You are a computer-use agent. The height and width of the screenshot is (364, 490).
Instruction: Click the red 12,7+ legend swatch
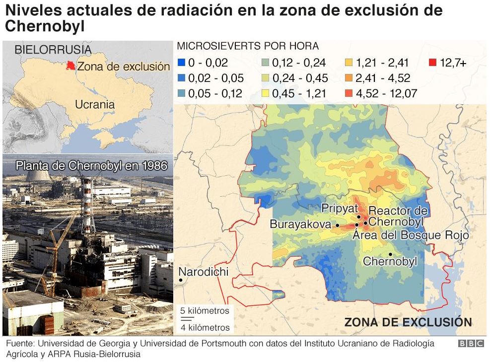432,63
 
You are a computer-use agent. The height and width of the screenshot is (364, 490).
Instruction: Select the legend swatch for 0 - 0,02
181,63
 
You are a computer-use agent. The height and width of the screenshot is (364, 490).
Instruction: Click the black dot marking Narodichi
181,281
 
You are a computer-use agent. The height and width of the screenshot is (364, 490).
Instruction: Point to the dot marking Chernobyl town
391,254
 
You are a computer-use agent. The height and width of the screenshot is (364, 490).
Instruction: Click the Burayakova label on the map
300,224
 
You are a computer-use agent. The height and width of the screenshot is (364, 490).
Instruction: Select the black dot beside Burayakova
338,225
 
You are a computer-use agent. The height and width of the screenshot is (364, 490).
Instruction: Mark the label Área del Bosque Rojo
411,235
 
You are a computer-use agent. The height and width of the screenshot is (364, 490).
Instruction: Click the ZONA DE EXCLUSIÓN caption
408,322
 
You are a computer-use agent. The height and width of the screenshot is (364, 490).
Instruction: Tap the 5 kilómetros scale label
205,311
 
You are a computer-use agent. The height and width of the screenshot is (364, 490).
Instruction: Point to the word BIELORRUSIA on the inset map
53,50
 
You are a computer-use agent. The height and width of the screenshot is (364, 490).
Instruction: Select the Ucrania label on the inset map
95,104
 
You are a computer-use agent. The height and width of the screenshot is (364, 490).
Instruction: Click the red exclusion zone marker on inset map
71,66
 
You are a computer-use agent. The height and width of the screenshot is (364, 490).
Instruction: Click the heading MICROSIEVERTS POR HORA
248,46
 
